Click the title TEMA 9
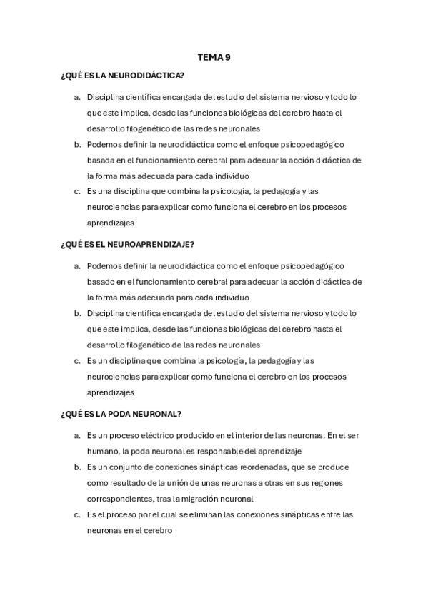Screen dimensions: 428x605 pos(214,58)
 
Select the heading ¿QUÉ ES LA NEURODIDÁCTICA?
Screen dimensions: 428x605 pos(122,76)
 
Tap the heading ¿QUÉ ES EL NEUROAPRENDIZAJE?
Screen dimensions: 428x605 pos(128,245)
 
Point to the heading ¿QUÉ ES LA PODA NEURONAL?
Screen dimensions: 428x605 pos(121,414)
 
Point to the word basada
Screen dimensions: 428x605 pos(100,160)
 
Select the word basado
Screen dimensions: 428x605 pos(100,282)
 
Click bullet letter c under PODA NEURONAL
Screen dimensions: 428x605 pos(76,514)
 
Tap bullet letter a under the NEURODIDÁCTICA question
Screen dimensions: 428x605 pos(76,96)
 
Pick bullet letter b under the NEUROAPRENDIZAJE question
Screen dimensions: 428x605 pos(76,313)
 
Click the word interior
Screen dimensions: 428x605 pos(264,434)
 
